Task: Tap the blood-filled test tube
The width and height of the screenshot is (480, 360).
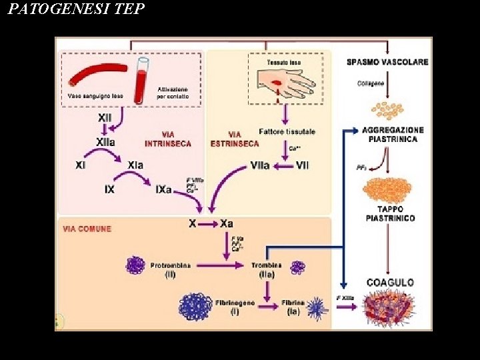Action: (141, 80)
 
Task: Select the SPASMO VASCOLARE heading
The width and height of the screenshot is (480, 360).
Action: (387, 63)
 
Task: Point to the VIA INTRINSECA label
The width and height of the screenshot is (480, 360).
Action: (168, 139)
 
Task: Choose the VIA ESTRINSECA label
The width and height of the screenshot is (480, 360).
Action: (235, 139)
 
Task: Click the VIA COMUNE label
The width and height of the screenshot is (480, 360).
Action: (87, 229)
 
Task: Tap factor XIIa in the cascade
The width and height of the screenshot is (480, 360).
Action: (106, 142)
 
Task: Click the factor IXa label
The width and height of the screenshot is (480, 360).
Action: (163, 189)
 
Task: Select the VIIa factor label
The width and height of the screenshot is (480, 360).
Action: (260, 165)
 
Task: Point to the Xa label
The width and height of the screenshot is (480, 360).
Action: (227, 224)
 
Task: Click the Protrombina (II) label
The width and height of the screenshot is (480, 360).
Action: (170, 269)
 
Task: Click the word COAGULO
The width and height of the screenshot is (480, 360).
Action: (390, 283)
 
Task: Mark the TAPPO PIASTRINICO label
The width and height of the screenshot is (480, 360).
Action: (390, 213)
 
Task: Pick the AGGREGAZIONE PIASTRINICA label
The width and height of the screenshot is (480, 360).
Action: (392, 134)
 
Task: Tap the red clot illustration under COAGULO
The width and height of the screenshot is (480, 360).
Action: (389, 309)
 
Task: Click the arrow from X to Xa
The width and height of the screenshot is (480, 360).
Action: (209, 224)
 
